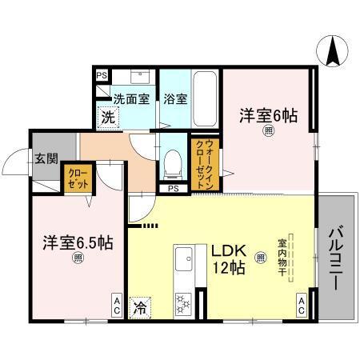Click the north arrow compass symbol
[x=330, y=52]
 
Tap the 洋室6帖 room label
[x=268, y=115]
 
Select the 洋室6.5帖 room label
[x=78, y=242]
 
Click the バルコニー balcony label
[x=336, y=258]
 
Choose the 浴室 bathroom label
[x=175, y=99]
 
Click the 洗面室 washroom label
[x=130, y=99]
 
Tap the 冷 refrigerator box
[x=141, y=306]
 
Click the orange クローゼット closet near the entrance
[x=77, y=178]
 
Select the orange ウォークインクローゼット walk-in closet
[x=198, y=162]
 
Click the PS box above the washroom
[x=102, y=76]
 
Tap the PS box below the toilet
[x=174, y=189]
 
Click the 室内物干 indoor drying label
[x=282, y=256]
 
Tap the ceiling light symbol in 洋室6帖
[x=269, y=133]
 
